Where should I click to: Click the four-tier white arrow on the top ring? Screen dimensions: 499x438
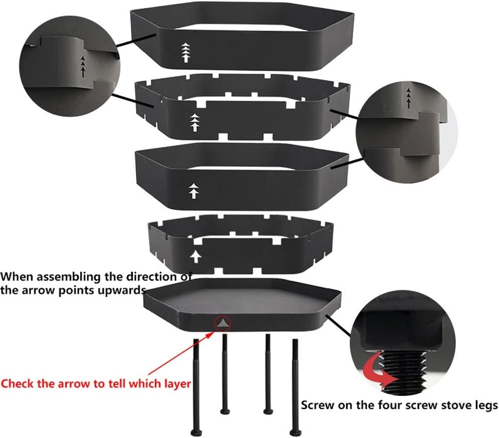coord(186,52)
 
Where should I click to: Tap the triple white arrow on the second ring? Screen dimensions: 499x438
coord(195,122)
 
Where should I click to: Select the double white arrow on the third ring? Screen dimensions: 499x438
coord(194,191)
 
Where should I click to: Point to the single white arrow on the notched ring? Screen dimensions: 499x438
coord(196,257)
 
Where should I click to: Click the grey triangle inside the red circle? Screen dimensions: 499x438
coord(223,324)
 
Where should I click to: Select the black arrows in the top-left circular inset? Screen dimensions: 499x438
coord(83,67)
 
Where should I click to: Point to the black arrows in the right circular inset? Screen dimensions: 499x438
coord(409,98)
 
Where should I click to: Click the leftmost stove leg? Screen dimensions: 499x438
coord(196,387)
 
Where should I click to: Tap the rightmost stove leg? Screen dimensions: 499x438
coord(295,387)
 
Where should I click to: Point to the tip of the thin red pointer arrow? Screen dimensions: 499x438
coord(214,332)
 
